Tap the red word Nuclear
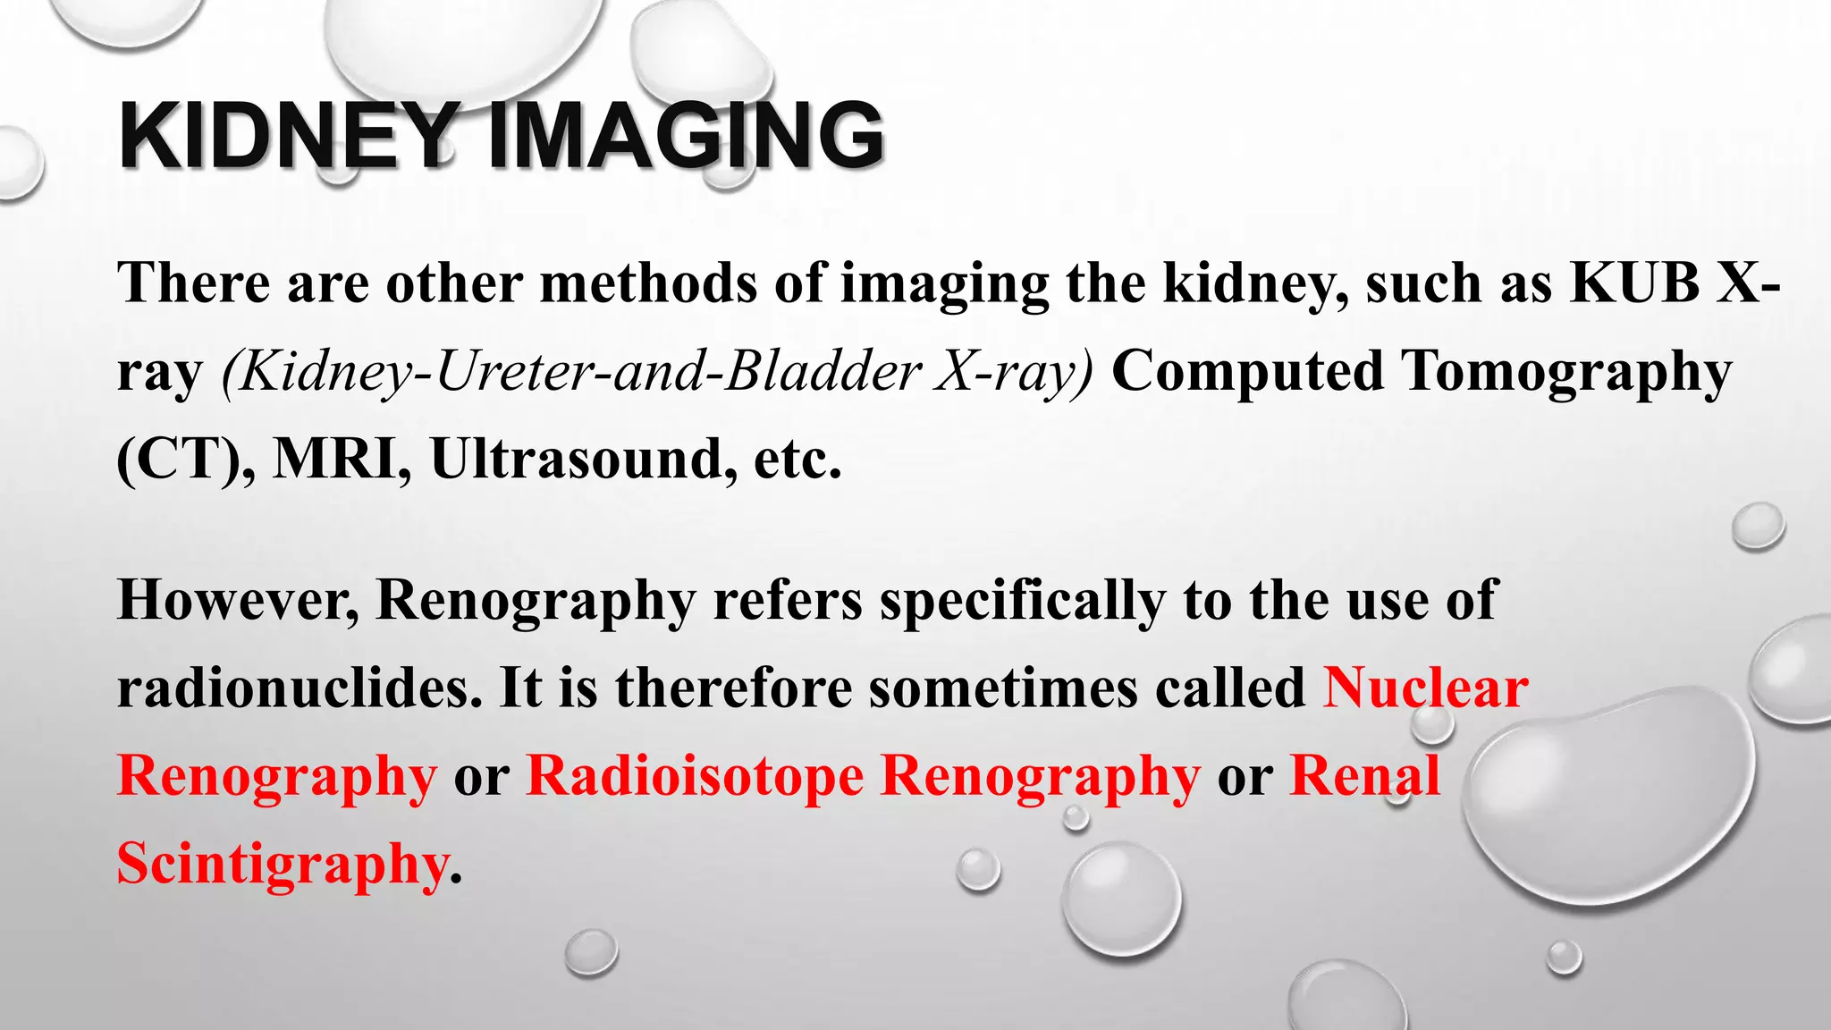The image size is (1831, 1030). pos(1425,688)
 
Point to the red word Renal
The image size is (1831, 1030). pos(1365,776)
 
